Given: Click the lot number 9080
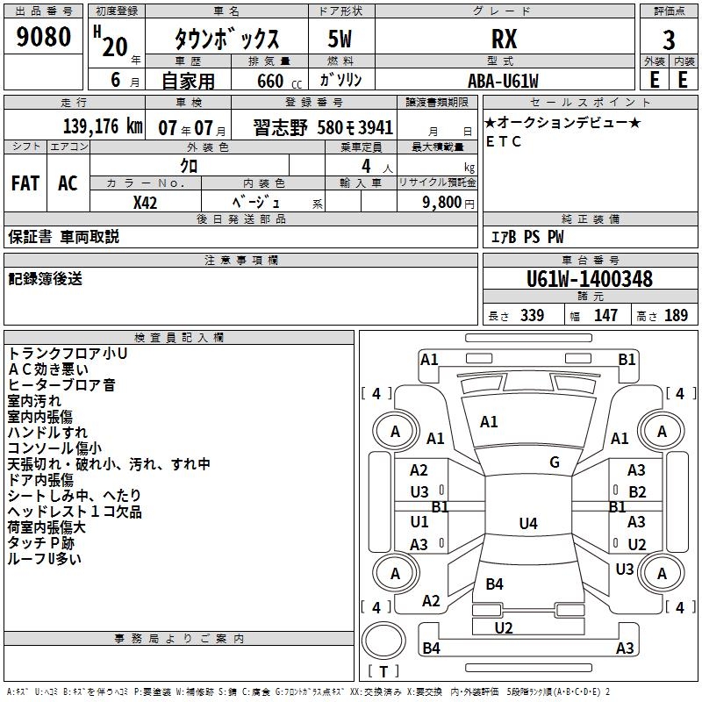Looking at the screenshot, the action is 44,38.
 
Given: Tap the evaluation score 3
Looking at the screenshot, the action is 669,39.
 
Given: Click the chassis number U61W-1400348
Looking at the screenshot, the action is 589,279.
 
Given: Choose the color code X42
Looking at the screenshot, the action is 146,202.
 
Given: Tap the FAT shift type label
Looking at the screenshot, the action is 25,183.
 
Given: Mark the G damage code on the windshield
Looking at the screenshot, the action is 555,462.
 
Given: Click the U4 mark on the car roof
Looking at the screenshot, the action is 527,524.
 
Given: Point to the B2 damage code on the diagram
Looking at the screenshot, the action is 637,492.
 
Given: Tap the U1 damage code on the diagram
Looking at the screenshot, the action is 419,522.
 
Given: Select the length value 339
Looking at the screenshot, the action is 532,316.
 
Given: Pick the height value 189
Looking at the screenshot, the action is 676,316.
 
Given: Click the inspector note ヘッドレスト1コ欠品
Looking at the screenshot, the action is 75,512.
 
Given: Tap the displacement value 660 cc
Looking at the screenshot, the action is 269,81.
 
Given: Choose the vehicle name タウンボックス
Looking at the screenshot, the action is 226,39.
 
